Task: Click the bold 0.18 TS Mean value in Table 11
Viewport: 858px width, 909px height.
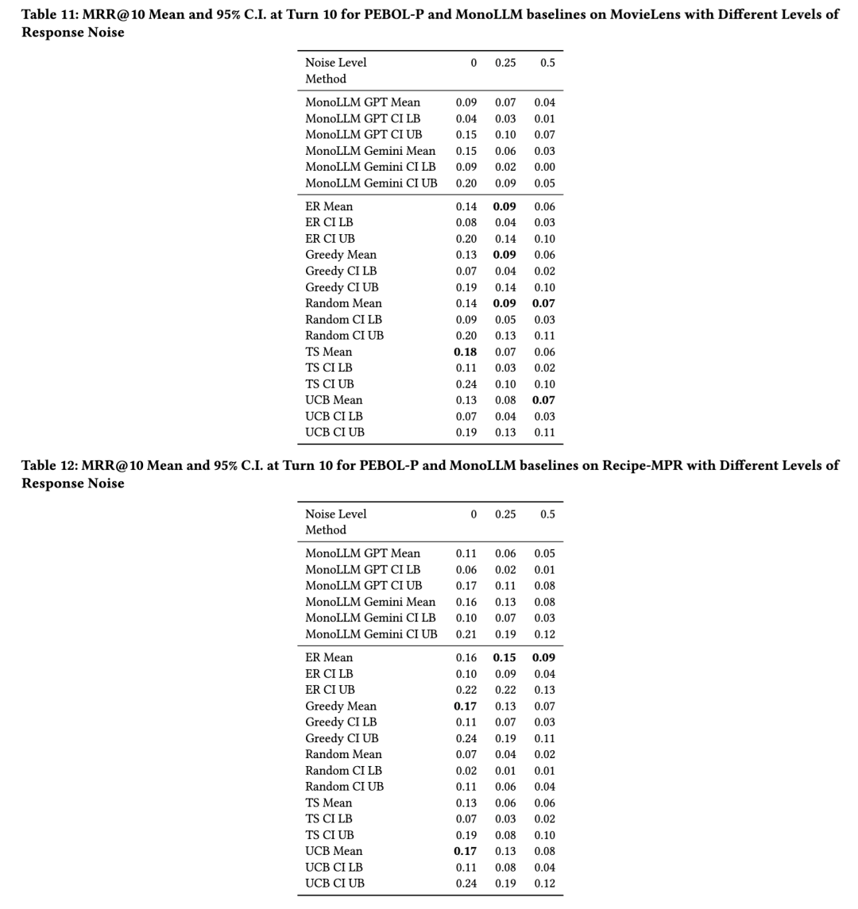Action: coord(466,352)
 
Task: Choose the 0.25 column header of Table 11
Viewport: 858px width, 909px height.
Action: coord(505,63)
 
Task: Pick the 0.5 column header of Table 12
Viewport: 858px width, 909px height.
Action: coord(547,514)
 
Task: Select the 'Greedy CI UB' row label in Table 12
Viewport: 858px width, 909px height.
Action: coord(342,738)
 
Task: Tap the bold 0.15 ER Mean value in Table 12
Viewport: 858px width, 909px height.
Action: coord(504,657)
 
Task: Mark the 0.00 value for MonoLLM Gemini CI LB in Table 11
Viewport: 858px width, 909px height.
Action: coord(545,167)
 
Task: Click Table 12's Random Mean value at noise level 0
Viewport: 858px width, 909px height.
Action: coord(466,754)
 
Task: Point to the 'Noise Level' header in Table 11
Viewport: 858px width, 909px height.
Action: coord(336,63)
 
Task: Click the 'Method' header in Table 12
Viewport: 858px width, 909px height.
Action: coord(326,530)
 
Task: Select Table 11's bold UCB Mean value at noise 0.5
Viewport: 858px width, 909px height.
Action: coord(544,400)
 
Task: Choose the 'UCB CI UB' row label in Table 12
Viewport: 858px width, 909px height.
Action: coord(334,883)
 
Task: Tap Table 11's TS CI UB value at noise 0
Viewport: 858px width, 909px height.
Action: coord(466,384)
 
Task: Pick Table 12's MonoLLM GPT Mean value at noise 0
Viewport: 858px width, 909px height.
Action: coord(466,553)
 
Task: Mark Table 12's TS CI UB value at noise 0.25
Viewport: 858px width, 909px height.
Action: coord(505,835)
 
